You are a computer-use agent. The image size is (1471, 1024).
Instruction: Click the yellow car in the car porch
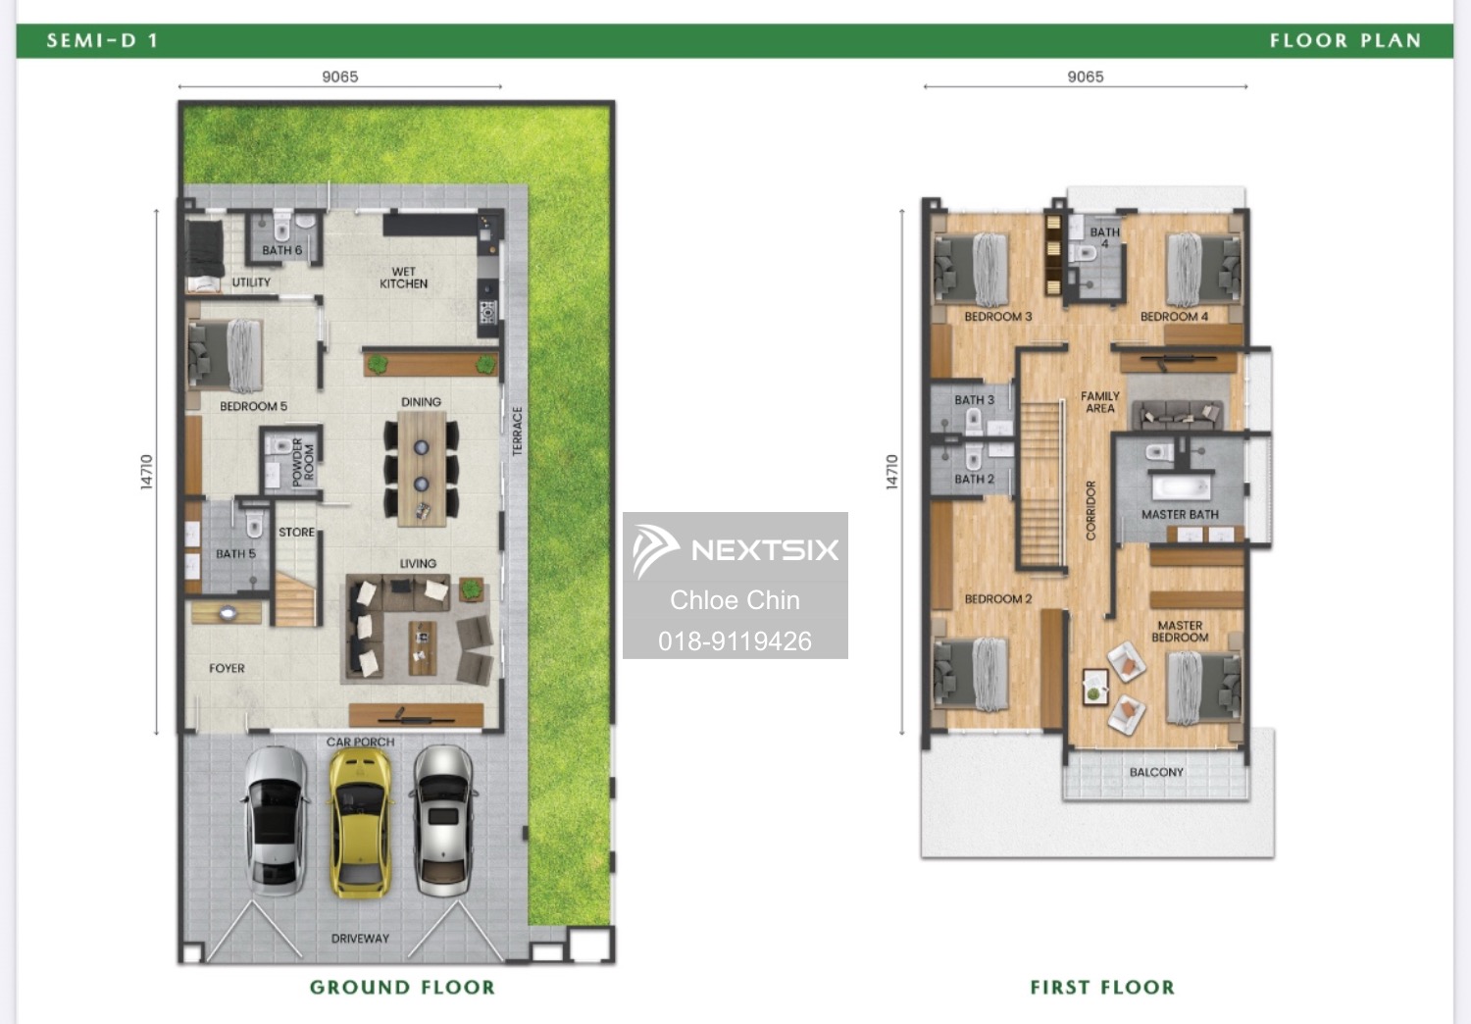(x=360, y=823)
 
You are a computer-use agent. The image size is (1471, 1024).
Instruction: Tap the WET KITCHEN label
(x=403, y=278)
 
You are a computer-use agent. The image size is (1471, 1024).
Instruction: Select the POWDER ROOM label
(x=303, y=462)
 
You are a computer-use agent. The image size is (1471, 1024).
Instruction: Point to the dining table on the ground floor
(x=422, y=468)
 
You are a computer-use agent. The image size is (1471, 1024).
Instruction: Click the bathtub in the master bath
(x=1182, y=488)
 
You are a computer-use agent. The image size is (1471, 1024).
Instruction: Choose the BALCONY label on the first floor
(x=1156, y=772)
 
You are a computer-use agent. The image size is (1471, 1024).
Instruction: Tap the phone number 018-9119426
(x=735, y=641)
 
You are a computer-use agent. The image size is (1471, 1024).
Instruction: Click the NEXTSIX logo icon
(x=654, y=550)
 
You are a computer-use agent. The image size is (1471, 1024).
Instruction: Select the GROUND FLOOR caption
(x=402, y=987)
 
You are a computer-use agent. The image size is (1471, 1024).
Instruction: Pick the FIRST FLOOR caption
(x=1102, y=987)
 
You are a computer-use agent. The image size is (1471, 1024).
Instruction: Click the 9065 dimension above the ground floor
(x=340, y=77)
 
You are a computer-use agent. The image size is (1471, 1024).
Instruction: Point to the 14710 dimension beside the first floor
(x=891, y=472)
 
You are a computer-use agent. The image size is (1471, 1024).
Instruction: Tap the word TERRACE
(x=518, y=431)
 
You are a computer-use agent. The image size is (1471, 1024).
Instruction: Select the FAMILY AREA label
(x=1100, y=402)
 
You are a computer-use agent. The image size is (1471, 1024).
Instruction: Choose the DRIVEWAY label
(x=360, y=939)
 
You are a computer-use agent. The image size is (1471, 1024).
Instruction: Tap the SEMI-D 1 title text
(x=102, y=41)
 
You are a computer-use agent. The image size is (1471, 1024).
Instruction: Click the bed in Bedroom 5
(x=226, y=355)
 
